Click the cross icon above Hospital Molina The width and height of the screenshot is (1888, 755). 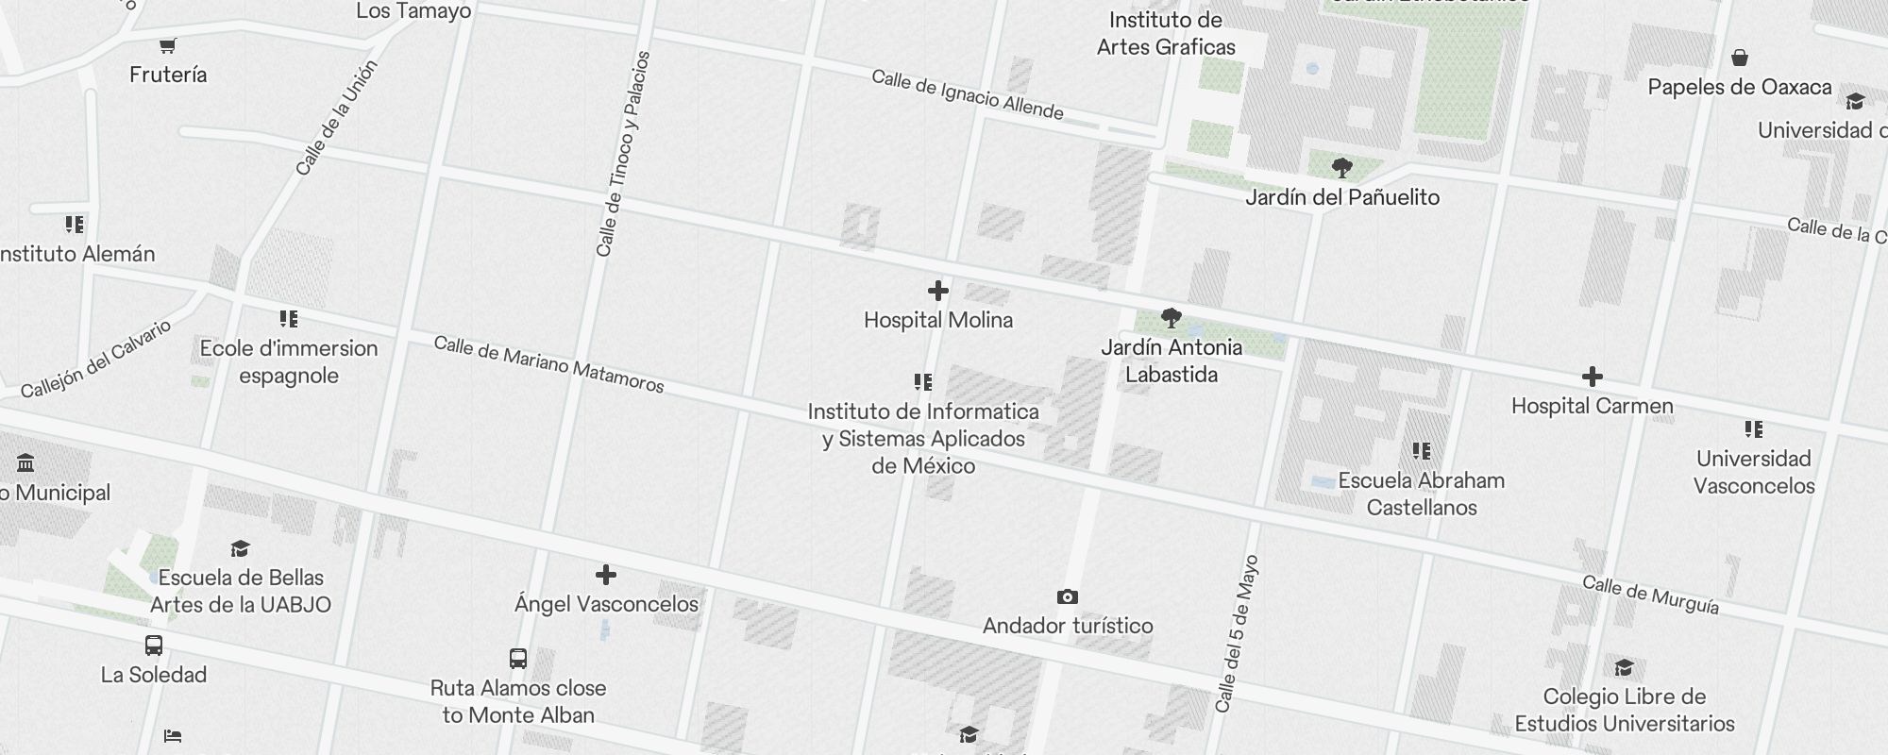click(x=937, y=291)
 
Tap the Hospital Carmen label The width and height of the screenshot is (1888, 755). click(x=1592, y=406)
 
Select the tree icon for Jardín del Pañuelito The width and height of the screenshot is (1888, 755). click(x=1341, y=169)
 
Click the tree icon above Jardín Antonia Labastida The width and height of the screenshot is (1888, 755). click(x=1171, y=317)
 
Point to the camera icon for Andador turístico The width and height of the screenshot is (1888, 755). click(x=1067, y=596)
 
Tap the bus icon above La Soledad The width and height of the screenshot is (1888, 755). click(x=154, y=646)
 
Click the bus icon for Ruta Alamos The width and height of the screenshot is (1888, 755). click(x=517, y=658)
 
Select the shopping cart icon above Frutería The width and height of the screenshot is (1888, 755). click(x=168, y=45)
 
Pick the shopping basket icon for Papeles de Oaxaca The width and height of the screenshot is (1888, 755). click(x=1739, y=59)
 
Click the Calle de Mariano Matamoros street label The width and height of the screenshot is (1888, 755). click(x=548, y=363)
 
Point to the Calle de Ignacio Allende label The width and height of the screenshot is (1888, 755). click(x=968, y=94)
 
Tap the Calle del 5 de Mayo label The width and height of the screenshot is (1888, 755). click(x=1238, y=633)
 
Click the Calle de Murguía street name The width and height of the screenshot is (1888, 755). click(x=1650, y=595)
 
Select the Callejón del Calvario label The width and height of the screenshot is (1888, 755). click(x=96, y=359)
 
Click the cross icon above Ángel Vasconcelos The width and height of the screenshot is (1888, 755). click(x=606, y=575)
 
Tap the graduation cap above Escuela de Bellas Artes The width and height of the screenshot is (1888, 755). click(x=240, y=549)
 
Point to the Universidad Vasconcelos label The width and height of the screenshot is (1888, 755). click(x=1753, y=472)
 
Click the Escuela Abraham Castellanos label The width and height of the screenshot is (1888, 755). click(x=1421, y=494)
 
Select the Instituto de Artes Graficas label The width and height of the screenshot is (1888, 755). click(x=1166, y=33)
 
